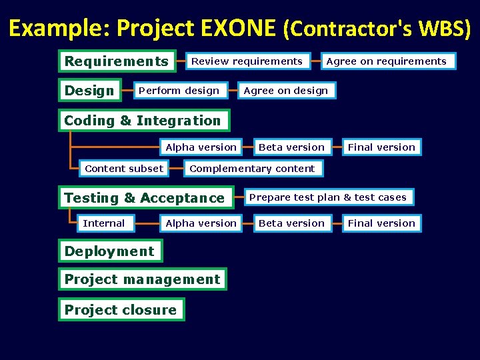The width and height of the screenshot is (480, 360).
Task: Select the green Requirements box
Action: [117, 61]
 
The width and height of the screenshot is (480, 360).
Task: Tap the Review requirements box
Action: [247, 61]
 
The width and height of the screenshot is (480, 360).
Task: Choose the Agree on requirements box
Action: [386, 61]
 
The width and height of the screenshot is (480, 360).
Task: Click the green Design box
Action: [89, 91]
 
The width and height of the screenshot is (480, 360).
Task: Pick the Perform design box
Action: [179, 91]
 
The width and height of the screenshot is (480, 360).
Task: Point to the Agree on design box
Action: [286, 91]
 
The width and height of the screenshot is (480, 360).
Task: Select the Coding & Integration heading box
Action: [142, 121]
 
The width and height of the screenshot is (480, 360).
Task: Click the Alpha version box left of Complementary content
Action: [201, 147]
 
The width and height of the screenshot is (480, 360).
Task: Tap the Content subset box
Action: [124, 169]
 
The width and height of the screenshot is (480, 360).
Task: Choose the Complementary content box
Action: [252, 169]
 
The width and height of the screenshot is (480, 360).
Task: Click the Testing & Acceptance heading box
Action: [145, 198]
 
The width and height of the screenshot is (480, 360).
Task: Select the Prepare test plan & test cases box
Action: [327, 197]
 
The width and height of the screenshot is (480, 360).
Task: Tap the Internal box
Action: [103, 223]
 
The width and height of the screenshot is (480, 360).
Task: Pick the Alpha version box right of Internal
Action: [201, 223]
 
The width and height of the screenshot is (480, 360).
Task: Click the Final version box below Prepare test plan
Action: [381, 223]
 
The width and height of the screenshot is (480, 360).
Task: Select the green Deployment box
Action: [109, 251]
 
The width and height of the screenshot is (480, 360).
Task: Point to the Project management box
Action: [142, 279]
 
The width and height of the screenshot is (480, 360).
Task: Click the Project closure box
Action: [121, 310]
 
